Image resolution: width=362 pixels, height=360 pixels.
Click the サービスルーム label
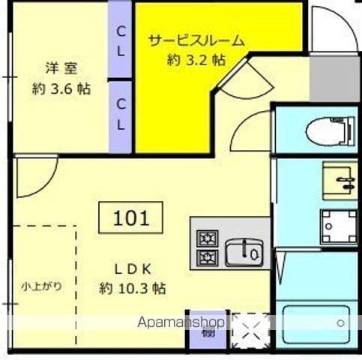pyautogui.click(x=196, y=40)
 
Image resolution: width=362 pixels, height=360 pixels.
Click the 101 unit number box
pyautogui.click(x=132, y=218)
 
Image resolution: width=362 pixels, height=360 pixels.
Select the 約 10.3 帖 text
pyautogui.click(x=133, y=288)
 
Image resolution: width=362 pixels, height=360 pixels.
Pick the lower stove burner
pyautogui.click(x=205, y=259)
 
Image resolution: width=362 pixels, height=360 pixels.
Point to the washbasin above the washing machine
pyautogui.click(x=340, y=178)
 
